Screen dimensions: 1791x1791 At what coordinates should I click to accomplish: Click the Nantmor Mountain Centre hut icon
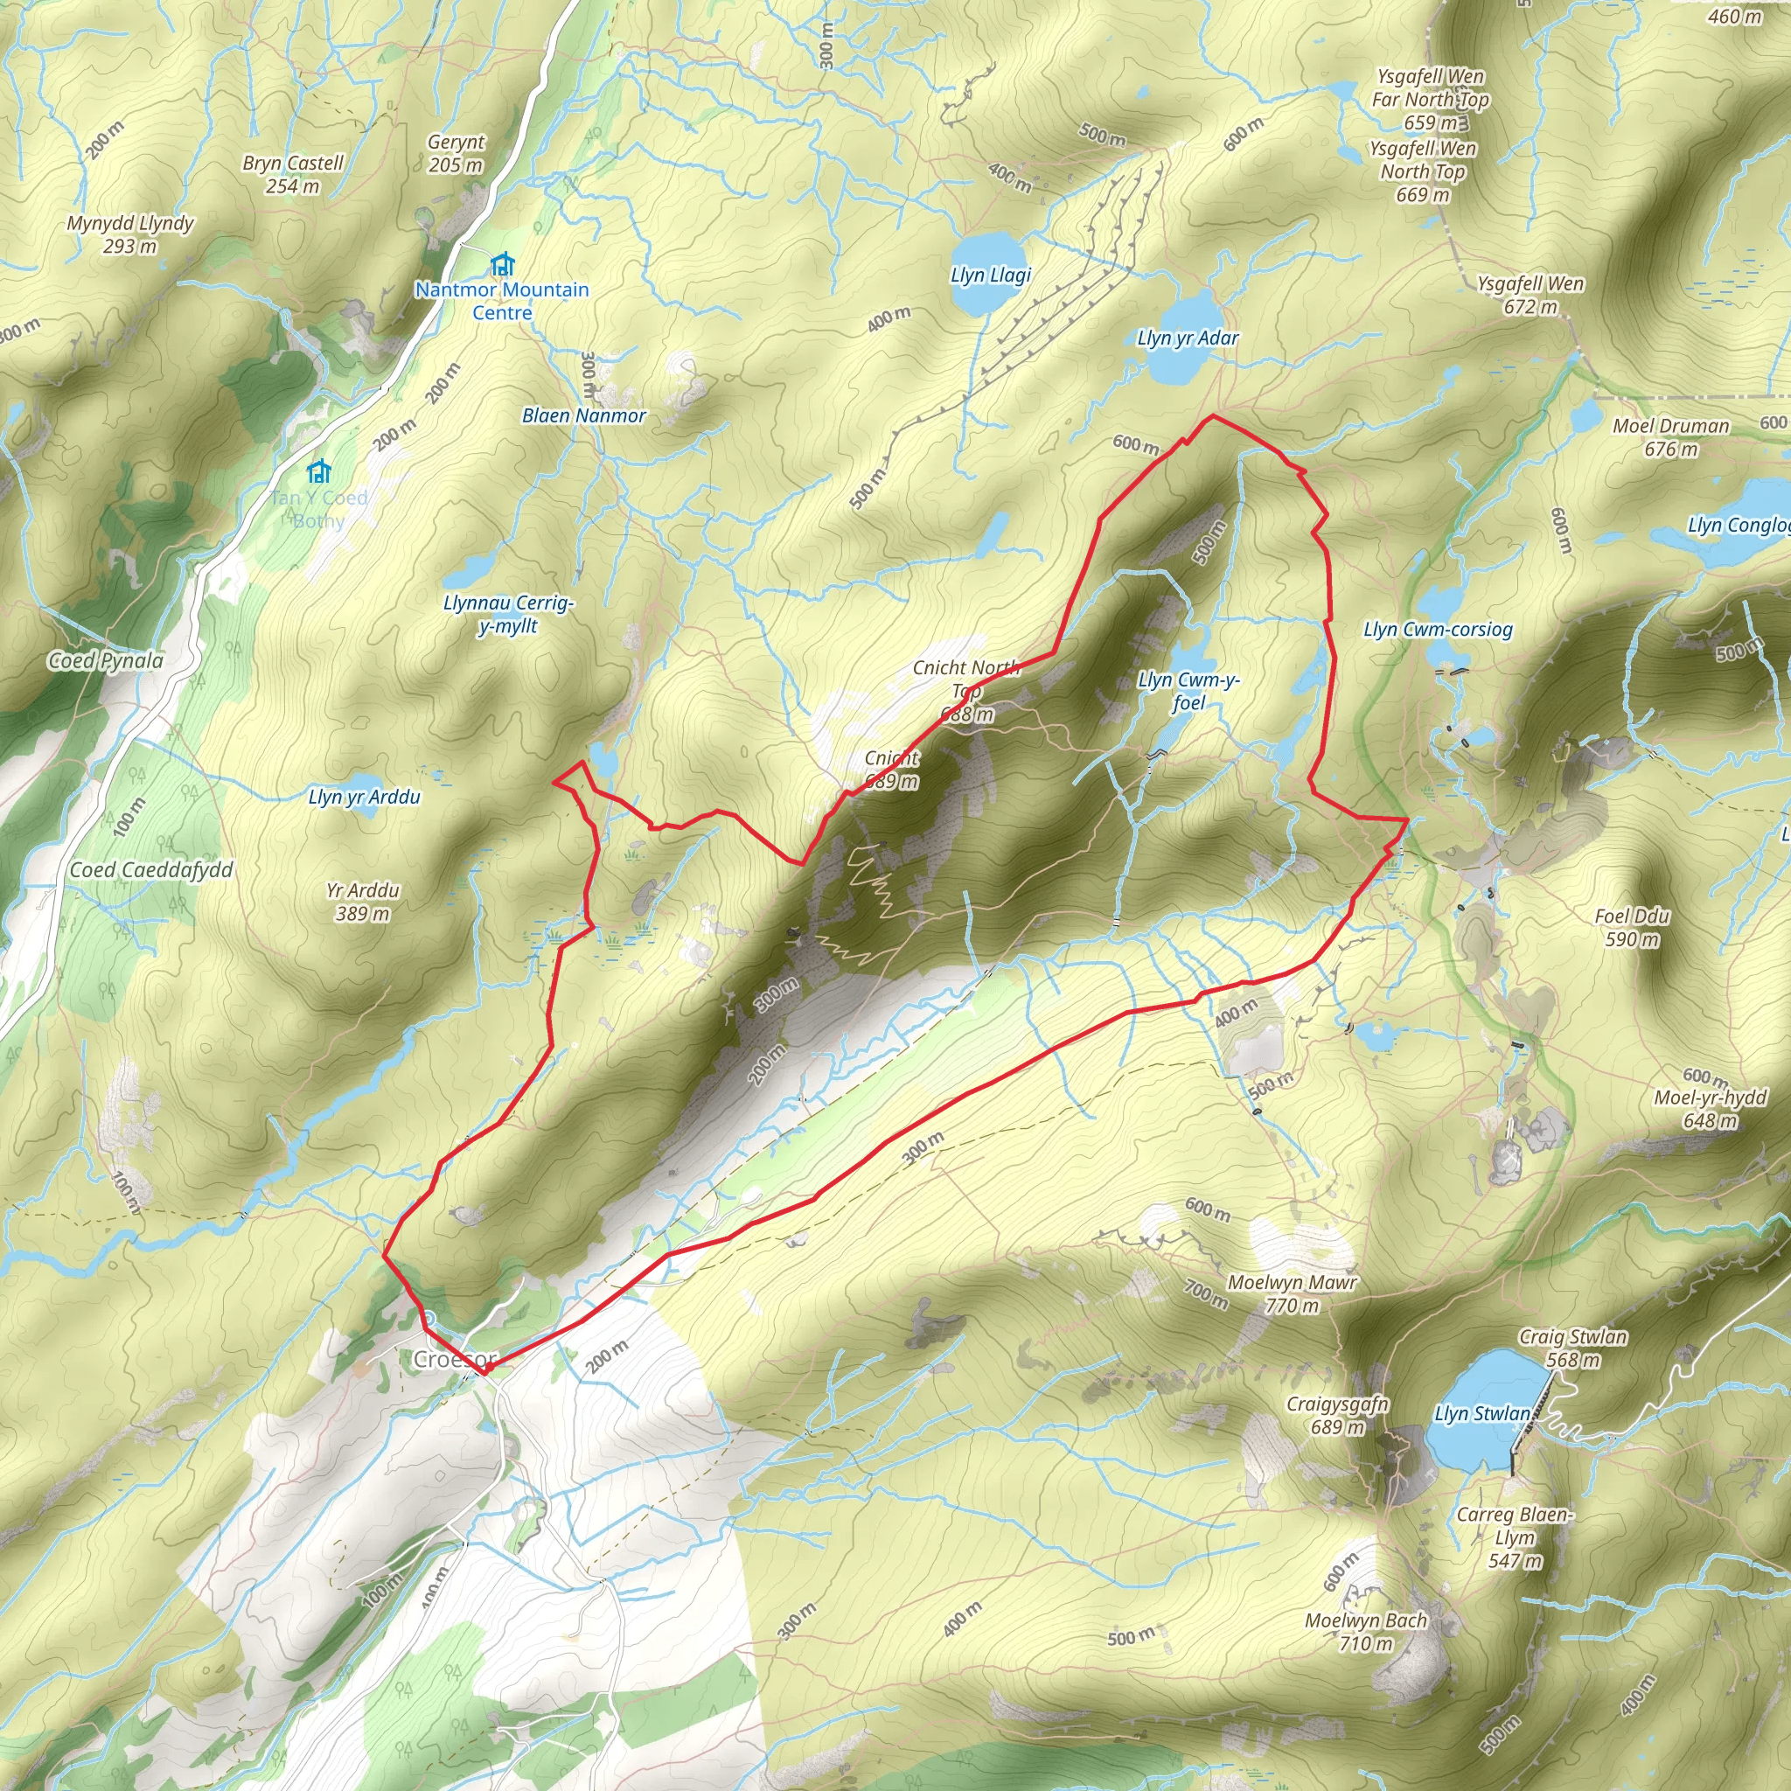pyautogui.click(x=501, y=264)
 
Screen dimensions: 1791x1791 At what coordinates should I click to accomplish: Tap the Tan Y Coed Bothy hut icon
pyautogui.click(x=319, y=472)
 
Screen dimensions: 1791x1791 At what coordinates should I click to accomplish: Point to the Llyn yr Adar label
pyautogui.click(x=1188, y=338)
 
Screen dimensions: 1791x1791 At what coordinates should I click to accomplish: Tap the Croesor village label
pyautogui.click(x=454, y=1359)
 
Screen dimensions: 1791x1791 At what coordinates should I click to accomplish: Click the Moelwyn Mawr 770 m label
pyautogui.click(x=1293, y=1294)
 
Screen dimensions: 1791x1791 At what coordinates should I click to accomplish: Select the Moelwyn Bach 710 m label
pyautogui.click(x=1365, y=1632)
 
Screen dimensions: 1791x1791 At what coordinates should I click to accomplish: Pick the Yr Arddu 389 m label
pyautogui.click(x=362, y=902)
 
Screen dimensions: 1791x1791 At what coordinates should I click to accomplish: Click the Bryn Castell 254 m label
pyautogui.click(x=293, y=174)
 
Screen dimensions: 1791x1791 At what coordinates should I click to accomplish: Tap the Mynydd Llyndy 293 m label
pyautogui.click(x=129, y=234)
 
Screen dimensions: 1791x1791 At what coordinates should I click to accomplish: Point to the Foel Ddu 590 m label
pyautogui.click(x=1632, y=928)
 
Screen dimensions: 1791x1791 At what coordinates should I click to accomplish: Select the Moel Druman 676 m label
pyautogui.click(x=1670, y=437)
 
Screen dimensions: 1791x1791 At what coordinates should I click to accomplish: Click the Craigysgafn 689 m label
pyautogui.click(x=1337, y=1415)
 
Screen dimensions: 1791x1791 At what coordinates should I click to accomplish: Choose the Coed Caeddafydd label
pyautogui.click(x=151, y=869)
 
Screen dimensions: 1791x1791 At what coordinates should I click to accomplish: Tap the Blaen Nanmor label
pyautogui.click(x=584, y=415)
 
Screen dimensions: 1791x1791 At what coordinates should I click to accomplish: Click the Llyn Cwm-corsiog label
pyautogui.click(x=1438, y=630)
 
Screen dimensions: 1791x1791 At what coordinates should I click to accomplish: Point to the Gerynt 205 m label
pyautogui.click(x=456, y=154)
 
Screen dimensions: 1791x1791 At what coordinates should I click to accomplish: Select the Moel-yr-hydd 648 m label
pyautogui.click(x=1711, y=1109)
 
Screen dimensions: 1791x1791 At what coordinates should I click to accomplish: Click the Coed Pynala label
pyautogui.click(x=106, y=660)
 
